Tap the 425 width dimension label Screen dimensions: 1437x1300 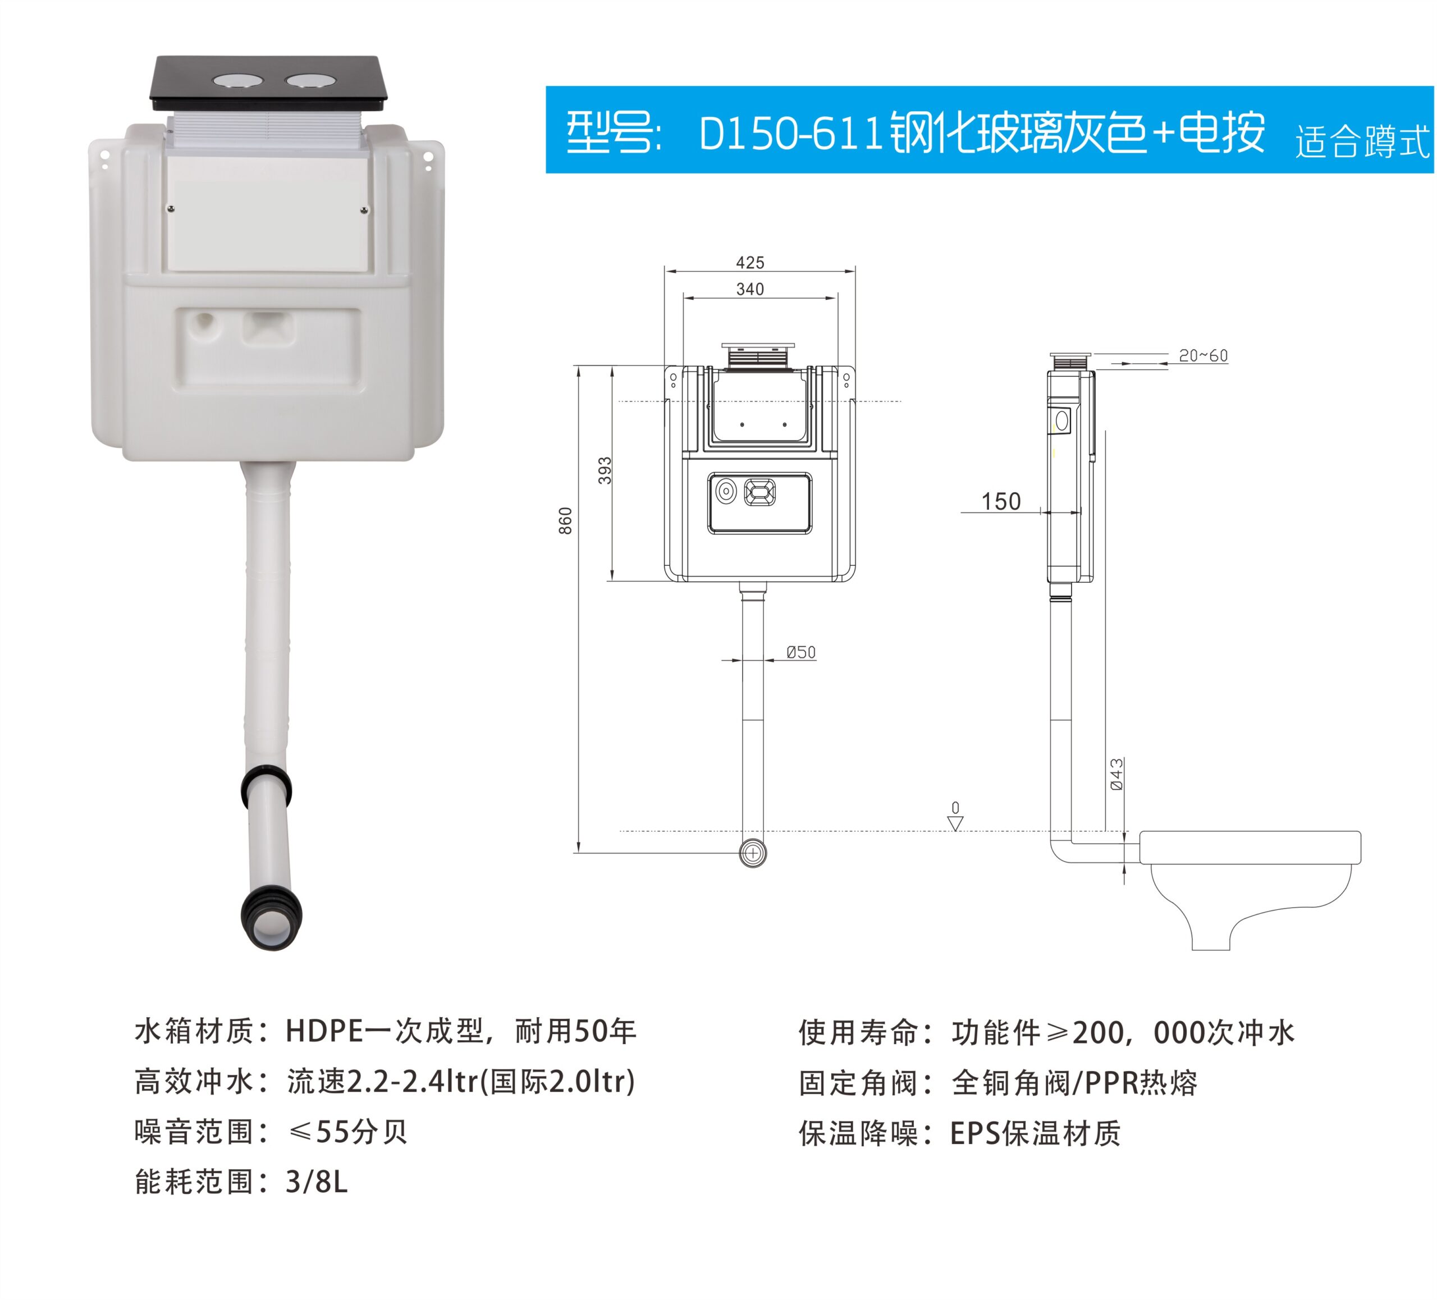coord(750,263)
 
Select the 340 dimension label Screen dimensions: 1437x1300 coord(750,290)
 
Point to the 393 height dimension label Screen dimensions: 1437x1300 coord(605,470)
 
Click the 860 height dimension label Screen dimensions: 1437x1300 coord(565,521)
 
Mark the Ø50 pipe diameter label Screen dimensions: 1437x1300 coord(801,652)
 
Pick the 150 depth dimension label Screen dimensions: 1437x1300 coord(1001,502)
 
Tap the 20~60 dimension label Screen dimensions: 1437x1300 coord(1203,356)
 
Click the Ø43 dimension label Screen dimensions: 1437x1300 coord(1117,774)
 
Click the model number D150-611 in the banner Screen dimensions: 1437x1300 coord(791,133)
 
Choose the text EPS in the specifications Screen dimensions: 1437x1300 coord(975,1133)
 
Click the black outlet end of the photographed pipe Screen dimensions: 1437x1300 coord(272,920)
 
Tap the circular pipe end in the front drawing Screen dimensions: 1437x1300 coord(753,853)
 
